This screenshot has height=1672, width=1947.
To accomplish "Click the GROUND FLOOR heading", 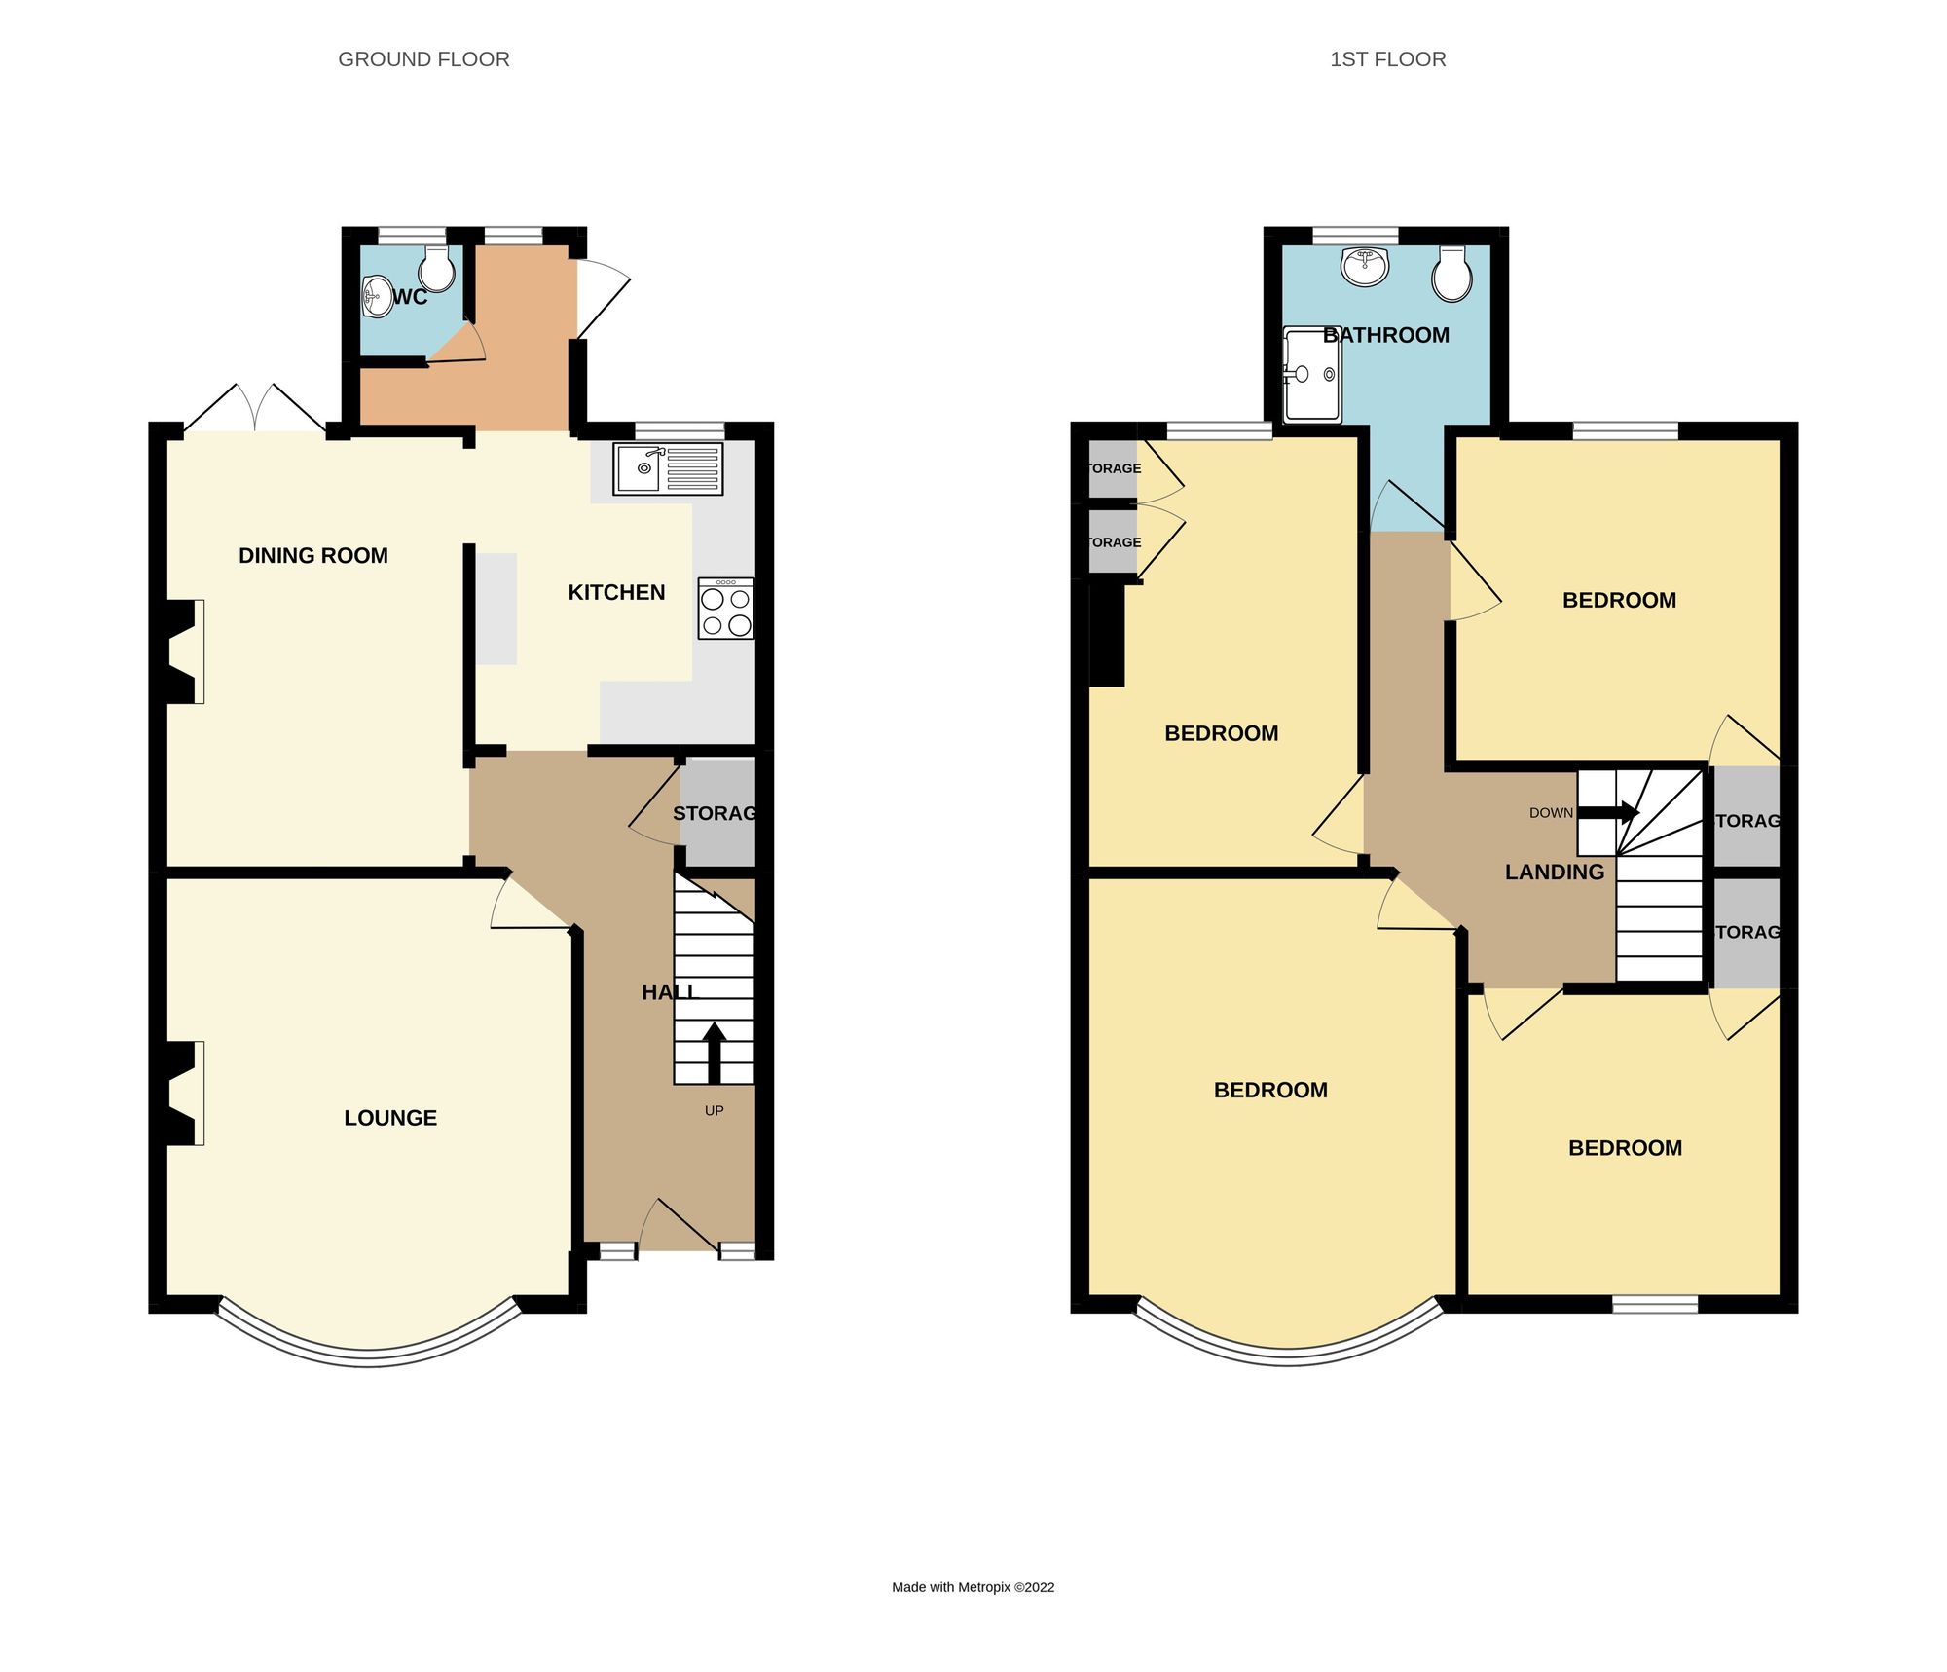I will click(423, 59).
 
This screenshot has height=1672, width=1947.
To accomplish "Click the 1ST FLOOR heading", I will click(1387, 59).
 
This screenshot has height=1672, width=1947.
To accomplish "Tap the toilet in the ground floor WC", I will click(437, 269).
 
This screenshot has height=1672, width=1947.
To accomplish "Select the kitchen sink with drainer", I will click(668, 469).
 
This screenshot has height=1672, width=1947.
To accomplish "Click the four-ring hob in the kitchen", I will click(725, 610).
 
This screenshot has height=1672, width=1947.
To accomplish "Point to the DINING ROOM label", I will click(312, 556).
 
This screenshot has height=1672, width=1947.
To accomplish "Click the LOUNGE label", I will click(389, 1118).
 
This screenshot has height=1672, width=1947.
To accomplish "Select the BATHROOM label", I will click(1386, 335).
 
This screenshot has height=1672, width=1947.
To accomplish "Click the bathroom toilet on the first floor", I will click(1451, 275).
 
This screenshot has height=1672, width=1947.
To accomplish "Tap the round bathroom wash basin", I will click(1364, 266).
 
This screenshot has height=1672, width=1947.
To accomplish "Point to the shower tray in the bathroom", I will click(1311, 376).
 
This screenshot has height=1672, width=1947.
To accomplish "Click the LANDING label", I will click(1554, 873).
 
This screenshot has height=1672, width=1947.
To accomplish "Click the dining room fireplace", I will click(183, 651).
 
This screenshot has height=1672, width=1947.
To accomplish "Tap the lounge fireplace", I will click(183, 1093).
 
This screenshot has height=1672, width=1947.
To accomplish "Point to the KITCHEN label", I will click(616, 592).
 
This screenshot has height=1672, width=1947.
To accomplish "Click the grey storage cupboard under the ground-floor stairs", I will click(717, 813).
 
